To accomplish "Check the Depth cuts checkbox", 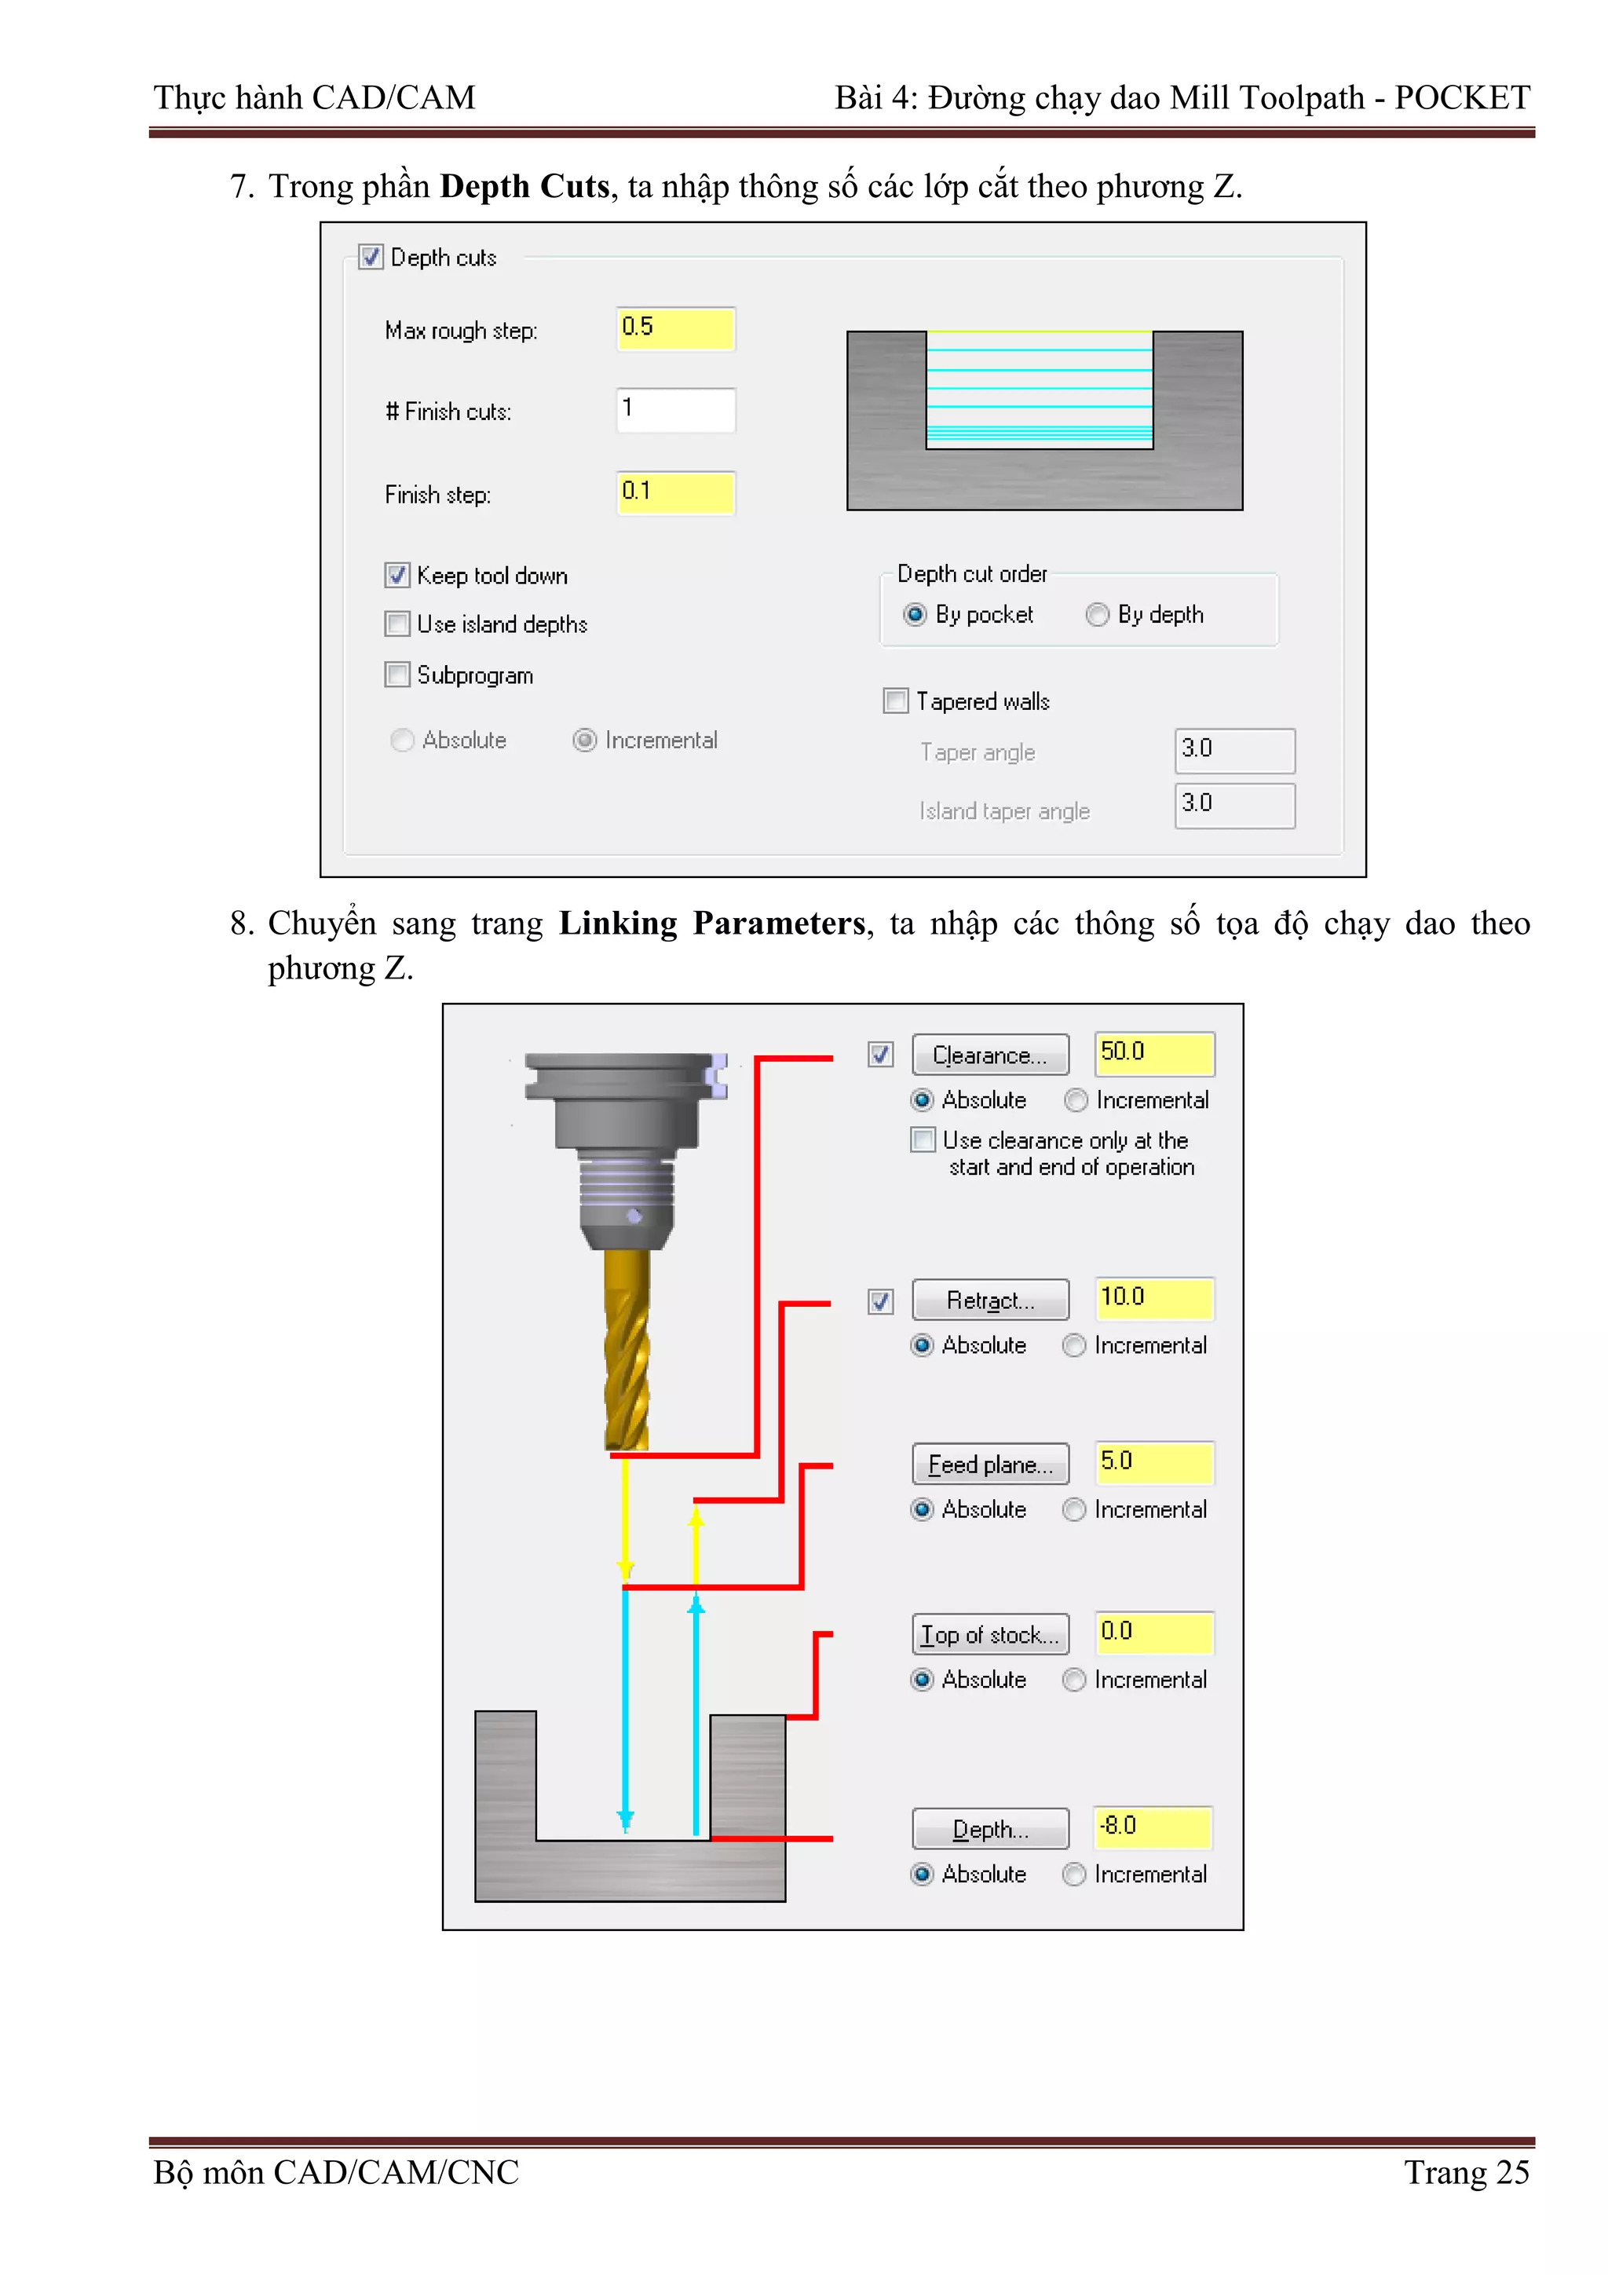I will pos(371,258).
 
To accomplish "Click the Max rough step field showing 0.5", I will pos(674,328).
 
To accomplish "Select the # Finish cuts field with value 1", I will pos(674,409).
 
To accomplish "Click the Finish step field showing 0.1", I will pos(674,492).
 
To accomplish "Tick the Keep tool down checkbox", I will pos(397,576).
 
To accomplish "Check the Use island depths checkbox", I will pos(397,624).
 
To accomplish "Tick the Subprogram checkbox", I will pos(397,675).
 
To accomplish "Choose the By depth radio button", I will pos(1097,616).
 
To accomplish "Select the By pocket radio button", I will pos(915,616).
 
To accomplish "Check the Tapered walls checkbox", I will pos(896,701).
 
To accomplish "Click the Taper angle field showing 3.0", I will pos(1233,750).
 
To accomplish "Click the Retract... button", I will pos(990,1300).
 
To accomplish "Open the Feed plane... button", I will pos(990,1465).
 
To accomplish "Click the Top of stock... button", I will pos(990,1635).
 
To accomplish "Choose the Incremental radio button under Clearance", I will pos(1076,1101).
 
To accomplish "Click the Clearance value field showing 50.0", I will pos(1154,1053).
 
